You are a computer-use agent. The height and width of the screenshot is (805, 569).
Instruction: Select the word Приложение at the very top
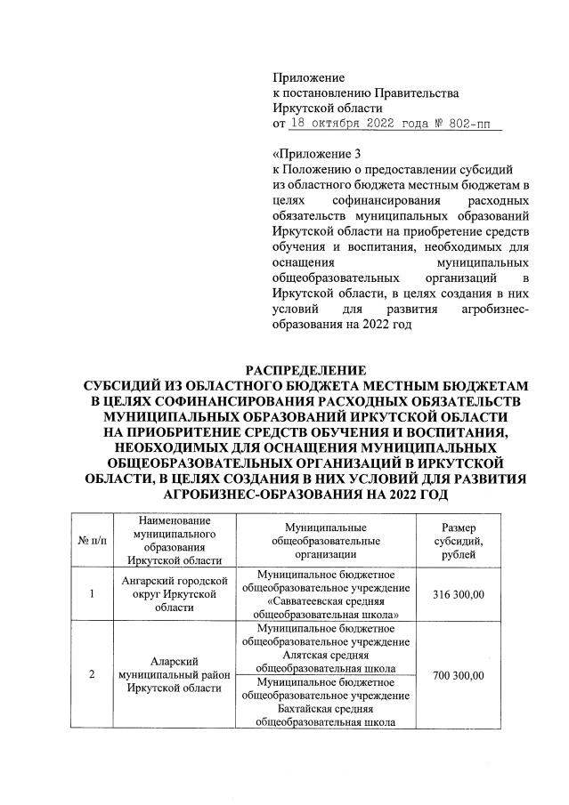pyautogui.click(x=308, y=78)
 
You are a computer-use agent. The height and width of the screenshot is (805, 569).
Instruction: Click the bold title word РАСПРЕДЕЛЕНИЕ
pyautogui.click(x=305, y=370)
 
